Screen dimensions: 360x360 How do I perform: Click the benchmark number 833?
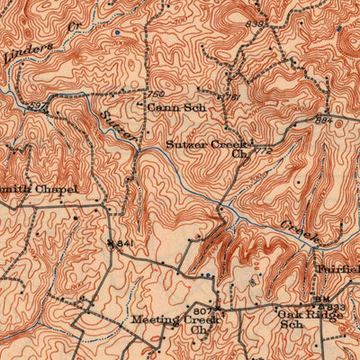tap(334, 308)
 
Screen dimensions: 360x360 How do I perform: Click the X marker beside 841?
tap(110, 243)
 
